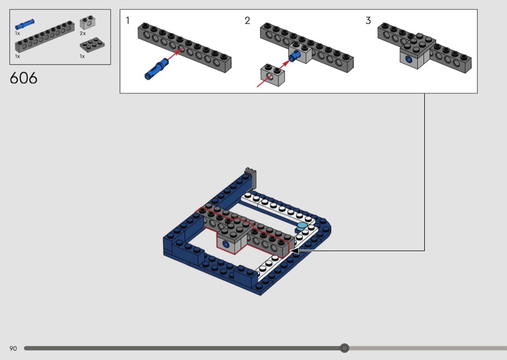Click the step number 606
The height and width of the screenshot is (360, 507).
pyautogui.click(x=23, y=78)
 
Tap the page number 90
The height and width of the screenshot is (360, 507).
pyautogui.click(x=13, y=348)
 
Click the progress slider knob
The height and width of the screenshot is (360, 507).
pyautogui.click(x=344, y=348)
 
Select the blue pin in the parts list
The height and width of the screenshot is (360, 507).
pyautogui.click(x=25, y=24)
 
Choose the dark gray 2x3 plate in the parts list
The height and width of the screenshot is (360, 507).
pyautogui.click(x=92, y=45)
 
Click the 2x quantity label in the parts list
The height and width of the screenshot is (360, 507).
pyautogui.click(x=83, y=34)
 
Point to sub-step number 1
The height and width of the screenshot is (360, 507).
pyautogui.click(x=127, y=21)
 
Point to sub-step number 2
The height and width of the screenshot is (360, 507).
pyautogui.click(x=248, y=21)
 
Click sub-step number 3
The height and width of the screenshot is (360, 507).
pyautogui.click(x=368, y=21)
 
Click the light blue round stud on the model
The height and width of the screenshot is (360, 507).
pyautogui.click(x=302, y=225)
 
